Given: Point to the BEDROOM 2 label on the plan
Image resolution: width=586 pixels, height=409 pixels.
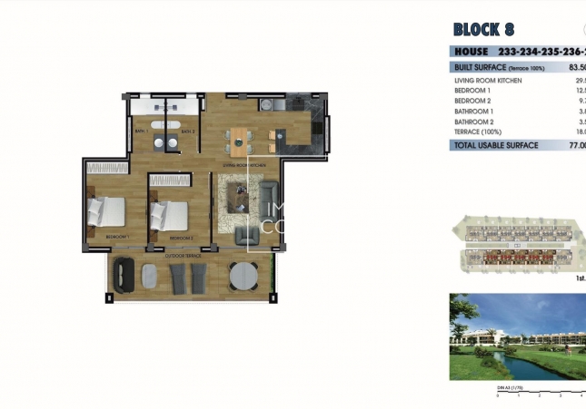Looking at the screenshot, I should pos(181,238).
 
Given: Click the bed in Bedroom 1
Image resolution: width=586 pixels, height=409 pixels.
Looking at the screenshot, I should pos(106,213).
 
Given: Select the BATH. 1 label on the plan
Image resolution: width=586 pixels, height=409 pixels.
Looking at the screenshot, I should pos(141,132).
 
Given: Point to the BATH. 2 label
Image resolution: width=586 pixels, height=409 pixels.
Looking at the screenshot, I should pos(187,132).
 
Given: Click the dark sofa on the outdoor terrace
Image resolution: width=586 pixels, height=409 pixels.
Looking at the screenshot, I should pos(124,273).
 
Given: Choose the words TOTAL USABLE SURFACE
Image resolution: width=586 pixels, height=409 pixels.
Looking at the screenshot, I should pos(496,145).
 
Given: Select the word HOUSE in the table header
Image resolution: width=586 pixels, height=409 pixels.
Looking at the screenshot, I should pos(472,52).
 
